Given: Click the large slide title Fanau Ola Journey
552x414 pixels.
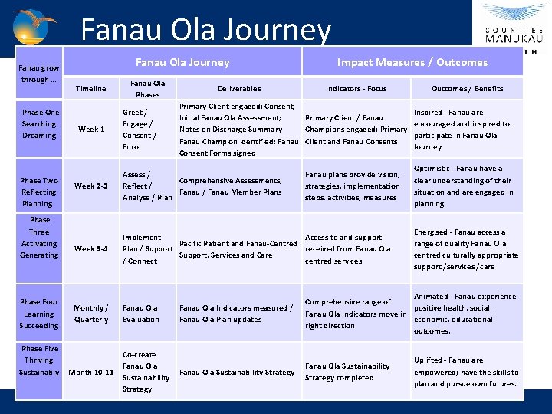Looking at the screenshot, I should pyautogui.click(x=205, y=30).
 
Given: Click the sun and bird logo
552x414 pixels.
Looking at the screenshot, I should pyautogui.click(x=35, y=26).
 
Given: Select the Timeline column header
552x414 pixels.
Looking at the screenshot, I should pyautogui.click(x=90, y=89).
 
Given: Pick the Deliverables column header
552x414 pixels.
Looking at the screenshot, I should pyautogui.click(x=239, y=89).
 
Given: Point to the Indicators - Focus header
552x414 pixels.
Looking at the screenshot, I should pyautogui.click(x=356, y=89).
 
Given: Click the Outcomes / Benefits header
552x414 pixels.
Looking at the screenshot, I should pyautogui.click(x=467, y=89).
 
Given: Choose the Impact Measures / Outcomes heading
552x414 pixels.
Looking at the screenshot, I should pyautogui.click(x=412, y=62).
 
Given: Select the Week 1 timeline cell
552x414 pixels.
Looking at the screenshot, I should pyautogui.click(x=91, y=129).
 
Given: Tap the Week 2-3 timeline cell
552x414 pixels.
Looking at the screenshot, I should pyautogui.click(x=91, y=186).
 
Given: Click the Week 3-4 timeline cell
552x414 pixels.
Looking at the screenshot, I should pyautogui.click(x=91, y=248).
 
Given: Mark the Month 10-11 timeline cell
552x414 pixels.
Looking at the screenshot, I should pyautogui.click(x=91, y=372).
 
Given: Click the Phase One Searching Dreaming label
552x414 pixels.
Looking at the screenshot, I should pyautogui.click(x=39, y=123).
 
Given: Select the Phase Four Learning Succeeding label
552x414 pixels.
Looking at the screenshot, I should pyautogui.click(x=39, y=314).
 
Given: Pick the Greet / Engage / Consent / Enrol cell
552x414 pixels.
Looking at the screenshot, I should pyautogui.click(x=140, y=129).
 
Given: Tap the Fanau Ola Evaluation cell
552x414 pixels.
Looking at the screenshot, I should pyautogui.click(x=141, y=314).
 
